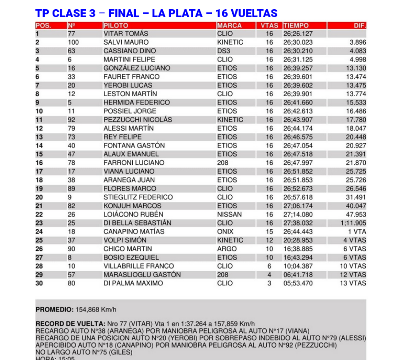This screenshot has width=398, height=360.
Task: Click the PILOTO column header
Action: (x=116, y=26)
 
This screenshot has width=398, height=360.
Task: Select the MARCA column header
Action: (x=230, y=26)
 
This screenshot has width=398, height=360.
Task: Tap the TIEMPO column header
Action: (x=296, y=26)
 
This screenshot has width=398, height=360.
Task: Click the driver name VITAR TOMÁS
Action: (x=126, y=34)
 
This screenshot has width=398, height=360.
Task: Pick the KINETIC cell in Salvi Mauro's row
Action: (x=230, y=42)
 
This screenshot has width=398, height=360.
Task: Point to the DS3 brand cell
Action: (x=224, y=51)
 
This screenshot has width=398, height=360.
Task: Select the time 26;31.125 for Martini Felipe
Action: (x=298, y=60)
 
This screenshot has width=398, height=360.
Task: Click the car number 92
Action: (x=72, y=120)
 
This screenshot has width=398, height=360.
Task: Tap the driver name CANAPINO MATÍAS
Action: (x=134, y=231)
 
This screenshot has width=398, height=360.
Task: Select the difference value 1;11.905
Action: (x=353, y=223)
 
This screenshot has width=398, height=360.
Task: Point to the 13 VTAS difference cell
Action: (x=353, y=283)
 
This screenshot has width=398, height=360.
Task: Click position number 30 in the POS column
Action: (x=39, y=283)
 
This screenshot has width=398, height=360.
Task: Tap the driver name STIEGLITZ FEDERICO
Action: (x=138, y=197)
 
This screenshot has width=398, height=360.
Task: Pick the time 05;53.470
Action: (x=298, y=283)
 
